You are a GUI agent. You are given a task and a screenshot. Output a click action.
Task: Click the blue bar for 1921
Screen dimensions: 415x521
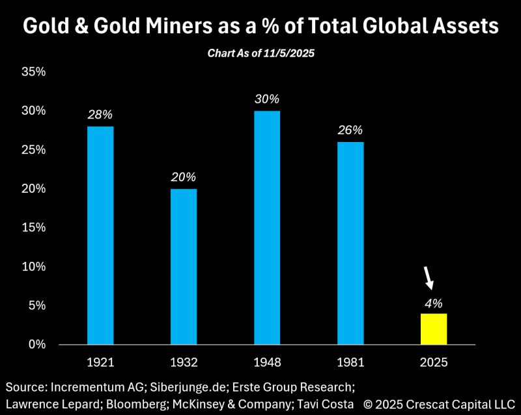pyautogui.click(x=100, y=235)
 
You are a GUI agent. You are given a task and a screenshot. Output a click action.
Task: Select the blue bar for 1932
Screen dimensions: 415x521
pyautogui.click(x=184, y=266)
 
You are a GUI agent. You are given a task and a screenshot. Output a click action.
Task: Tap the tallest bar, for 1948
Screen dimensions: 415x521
pyautogui.click(x=267, y=227)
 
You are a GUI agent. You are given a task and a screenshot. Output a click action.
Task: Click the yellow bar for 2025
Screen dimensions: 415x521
pyautogui.click(x=434, y=328)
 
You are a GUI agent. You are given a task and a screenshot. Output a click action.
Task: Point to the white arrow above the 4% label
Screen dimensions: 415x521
pyautogui.click(x=428, y=277)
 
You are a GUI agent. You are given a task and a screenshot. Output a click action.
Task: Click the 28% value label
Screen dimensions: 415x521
pyautogui.click(x=100, y=115)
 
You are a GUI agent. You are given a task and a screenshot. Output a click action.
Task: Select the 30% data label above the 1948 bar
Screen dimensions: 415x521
pyautogui.click(x=267, y=99)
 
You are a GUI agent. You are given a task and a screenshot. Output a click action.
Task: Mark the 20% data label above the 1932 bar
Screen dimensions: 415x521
pyautogui.click(x=184, y=177)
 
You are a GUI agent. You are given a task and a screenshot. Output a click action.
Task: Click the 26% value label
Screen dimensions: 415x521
pyautogui.click(x=350, y=130)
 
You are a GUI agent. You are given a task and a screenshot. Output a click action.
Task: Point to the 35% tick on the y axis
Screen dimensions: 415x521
pyautogui.click(x=33, y=72)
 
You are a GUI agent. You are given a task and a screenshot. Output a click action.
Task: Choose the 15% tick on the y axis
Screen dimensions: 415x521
pyautogui.click(x=33, y=227)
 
